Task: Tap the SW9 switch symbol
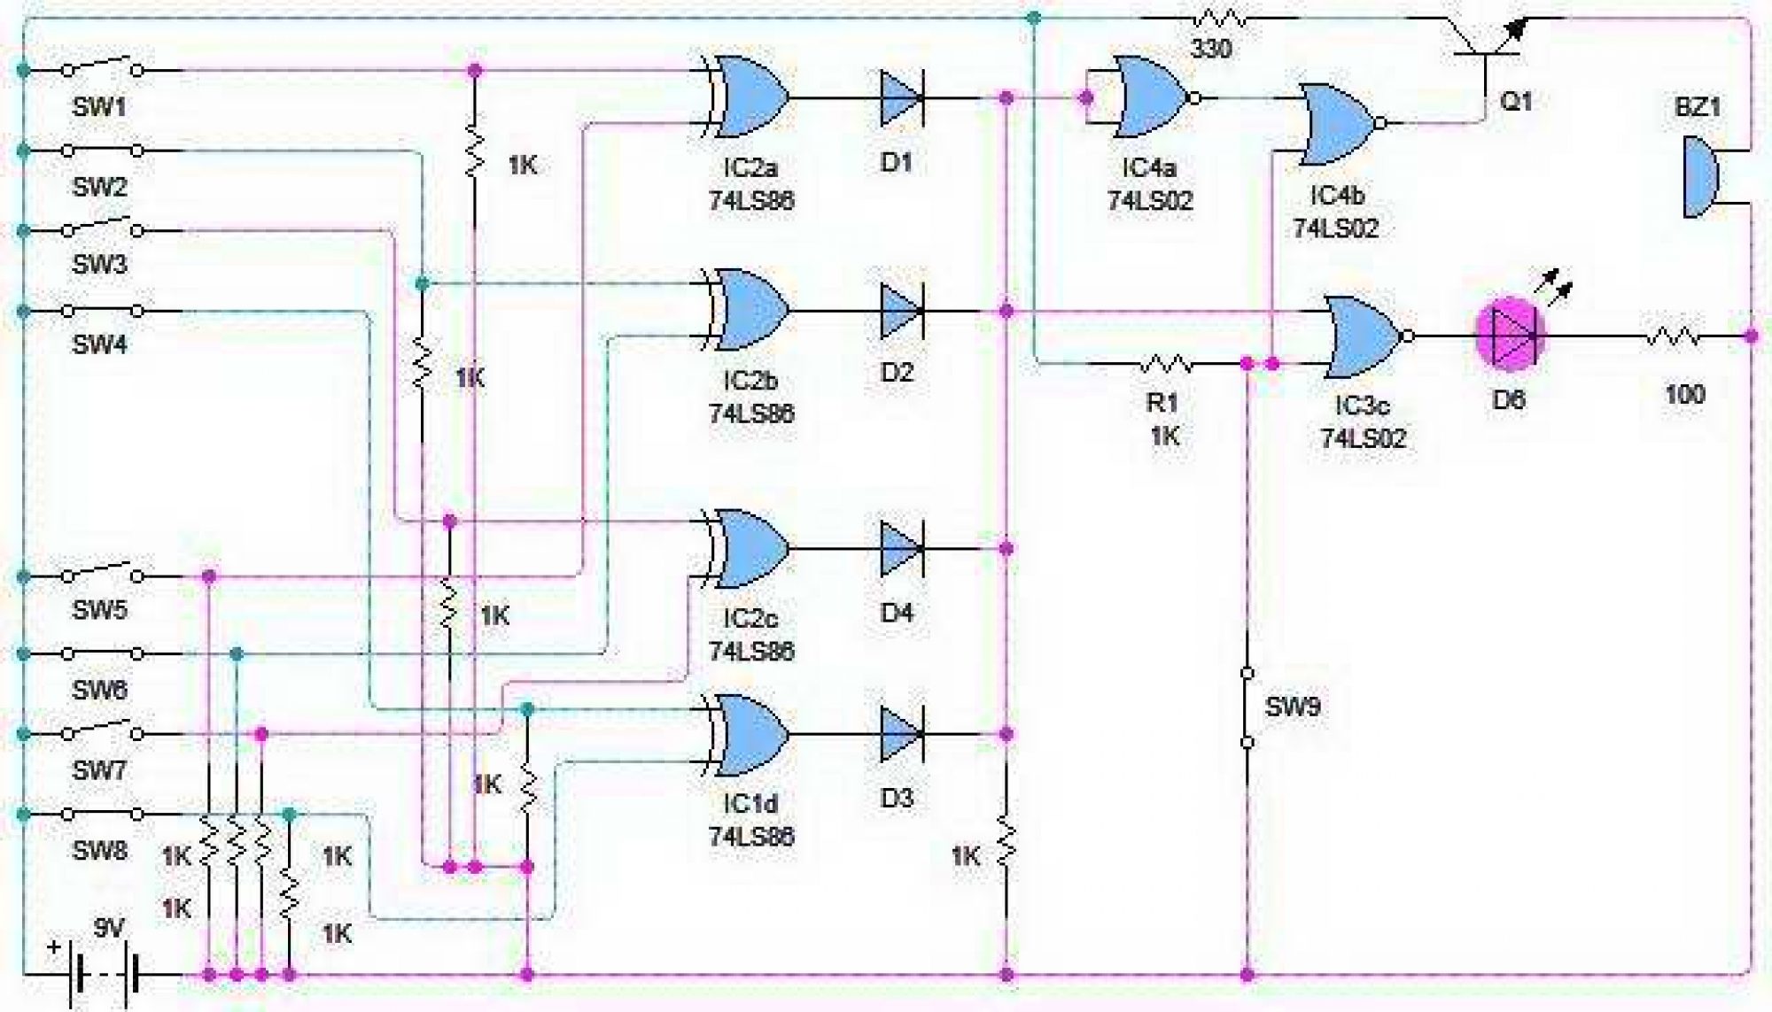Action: point(1247,707)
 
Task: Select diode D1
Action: point(902,98)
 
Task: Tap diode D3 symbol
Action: point(902,734)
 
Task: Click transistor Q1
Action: point(1488,44)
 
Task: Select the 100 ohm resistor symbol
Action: point(1673,337)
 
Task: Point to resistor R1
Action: point(1166,363)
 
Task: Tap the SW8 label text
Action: point(99,851)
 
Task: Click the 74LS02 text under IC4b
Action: point(1336,228)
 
